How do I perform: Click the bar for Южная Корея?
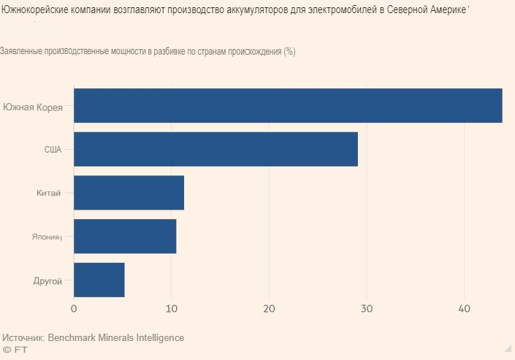[x=288, y=105]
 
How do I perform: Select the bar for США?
[x=215, y=149]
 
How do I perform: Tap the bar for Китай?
[x=129, y=193]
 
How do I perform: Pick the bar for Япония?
[x=125, y=237]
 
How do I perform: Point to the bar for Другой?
[x=99, y=280]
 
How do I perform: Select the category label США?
[x=53, y=150]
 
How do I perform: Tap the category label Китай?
[x=48, y=194]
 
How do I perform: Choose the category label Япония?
[x=45, y=237]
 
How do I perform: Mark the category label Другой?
[x=48, y=280]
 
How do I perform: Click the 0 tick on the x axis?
[x=74, y=309]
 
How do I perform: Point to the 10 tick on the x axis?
[x=172, y=309]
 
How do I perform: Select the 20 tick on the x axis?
[x=269, y=309]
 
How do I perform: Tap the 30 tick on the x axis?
[x=367, y=309]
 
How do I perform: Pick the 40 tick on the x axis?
[x=464, y=309]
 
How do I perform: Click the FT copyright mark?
[x=15, y=351]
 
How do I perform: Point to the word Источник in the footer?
[x=24, y=338]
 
